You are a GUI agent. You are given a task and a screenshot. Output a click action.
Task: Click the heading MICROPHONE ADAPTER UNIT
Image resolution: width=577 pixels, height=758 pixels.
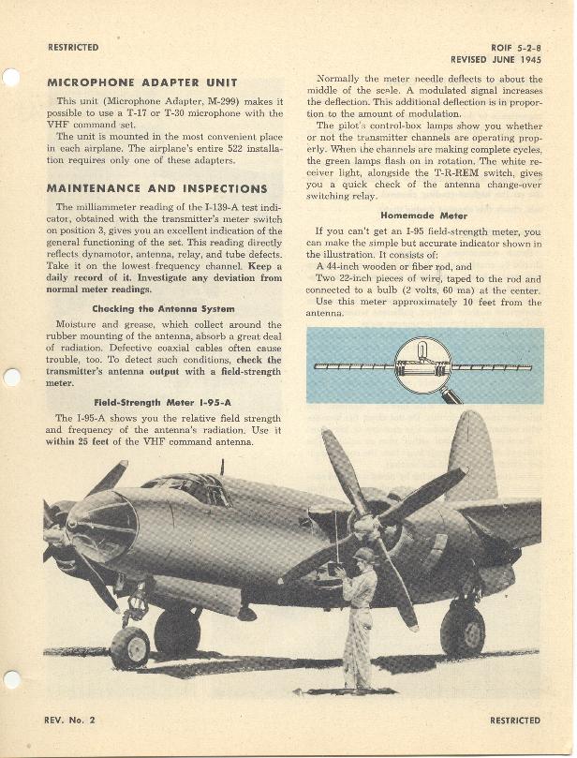tap(141, 82)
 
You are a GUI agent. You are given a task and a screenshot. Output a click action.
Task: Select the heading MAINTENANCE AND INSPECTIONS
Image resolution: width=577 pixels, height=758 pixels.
tap(156, 188)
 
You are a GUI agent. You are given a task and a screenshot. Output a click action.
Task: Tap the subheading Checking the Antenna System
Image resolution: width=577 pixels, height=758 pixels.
tap(163, 308)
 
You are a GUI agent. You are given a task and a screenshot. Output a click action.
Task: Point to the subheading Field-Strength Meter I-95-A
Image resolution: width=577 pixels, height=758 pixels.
tap(163, 401)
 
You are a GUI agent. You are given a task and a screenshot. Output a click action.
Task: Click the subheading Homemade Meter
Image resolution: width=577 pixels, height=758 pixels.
tap(423, 216)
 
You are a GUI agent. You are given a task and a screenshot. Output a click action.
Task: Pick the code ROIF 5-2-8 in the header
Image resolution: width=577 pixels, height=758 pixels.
tap(516, 47)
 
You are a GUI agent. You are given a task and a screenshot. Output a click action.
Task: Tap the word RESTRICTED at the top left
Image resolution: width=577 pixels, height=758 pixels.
tap(73, 47)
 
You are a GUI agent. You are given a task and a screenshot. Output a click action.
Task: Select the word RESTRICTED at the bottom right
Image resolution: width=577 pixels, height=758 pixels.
tap(514, 721)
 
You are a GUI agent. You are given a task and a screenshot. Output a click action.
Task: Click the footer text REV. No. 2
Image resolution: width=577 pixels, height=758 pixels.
tap(70, 721)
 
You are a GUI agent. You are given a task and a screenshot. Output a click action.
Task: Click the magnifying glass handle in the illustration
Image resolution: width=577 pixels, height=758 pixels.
tap(452, 395)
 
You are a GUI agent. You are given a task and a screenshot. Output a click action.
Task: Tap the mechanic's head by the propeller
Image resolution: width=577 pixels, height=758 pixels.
tap(364, 557)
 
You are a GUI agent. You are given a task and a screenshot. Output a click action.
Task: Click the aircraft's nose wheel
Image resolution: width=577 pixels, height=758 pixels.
tap(130, 647)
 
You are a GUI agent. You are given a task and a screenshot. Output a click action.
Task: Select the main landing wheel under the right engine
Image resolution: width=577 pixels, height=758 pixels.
tap(463, 631)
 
